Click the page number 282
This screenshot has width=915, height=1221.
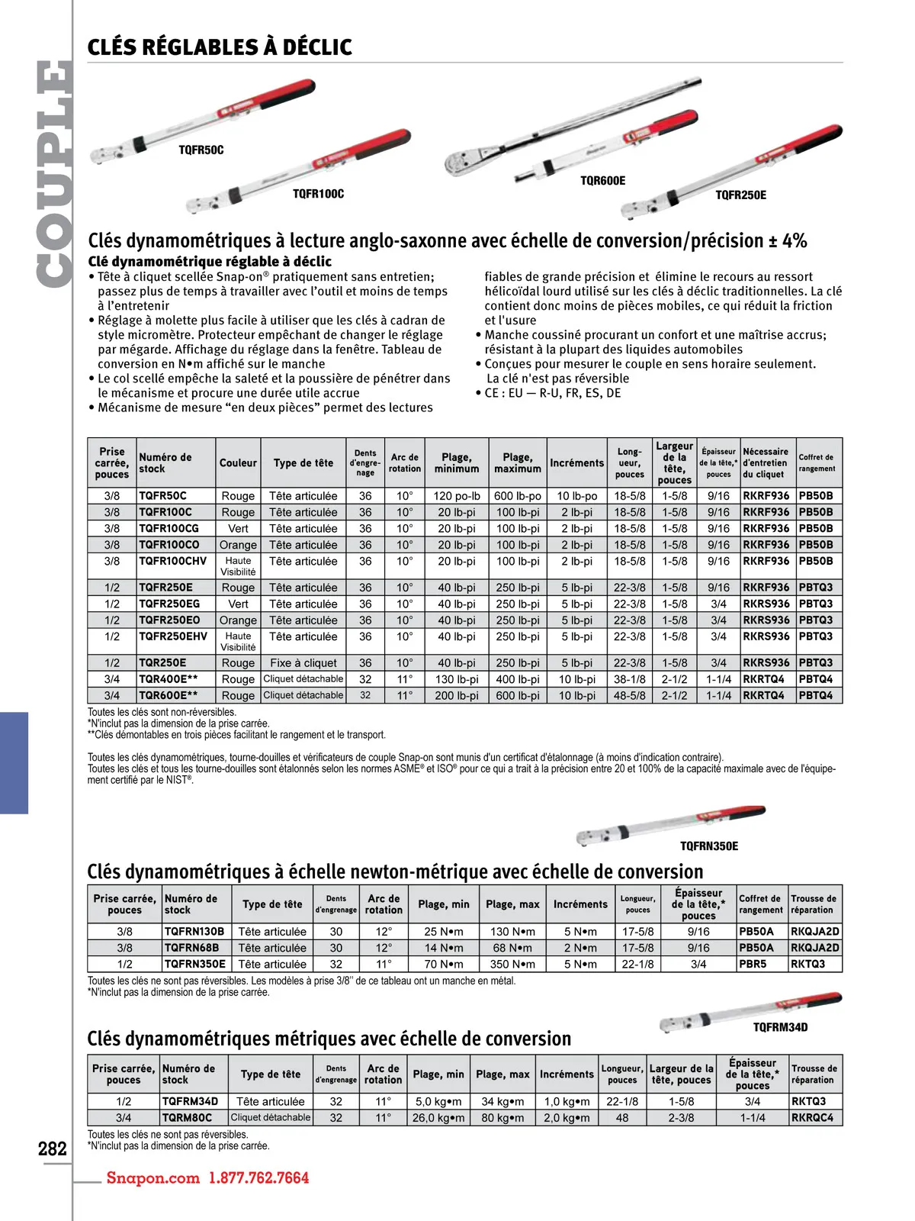[x=53, y=1149]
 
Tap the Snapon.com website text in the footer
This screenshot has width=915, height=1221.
[x=152, y=1178]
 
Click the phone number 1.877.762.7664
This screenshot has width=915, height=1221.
[x=258, y=1178]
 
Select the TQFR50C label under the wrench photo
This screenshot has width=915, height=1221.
[x=201, y=150]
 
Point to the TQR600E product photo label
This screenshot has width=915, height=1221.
[x=602, y=181]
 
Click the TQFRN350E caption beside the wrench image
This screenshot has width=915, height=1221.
[x=708, y=846]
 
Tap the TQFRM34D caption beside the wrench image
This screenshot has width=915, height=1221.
[x=780, y=1027]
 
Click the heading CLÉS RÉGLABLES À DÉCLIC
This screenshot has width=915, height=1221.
[x=220, y=47]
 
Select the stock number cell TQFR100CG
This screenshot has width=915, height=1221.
[x=169, y=528]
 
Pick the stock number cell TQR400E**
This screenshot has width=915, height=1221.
[x=168, y=679]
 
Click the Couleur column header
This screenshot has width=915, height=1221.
[x=238, y=463]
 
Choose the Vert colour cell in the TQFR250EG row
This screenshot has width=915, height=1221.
[x=238, y=604]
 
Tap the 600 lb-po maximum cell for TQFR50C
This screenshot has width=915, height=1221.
[x=517, y=496]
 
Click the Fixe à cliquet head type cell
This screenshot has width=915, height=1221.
[x=303, y=663]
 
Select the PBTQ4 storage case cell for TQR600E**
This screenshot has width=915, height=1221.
[x=816, y=695]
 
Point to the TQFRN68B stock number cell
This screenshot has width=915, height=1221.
[x=191, y=948]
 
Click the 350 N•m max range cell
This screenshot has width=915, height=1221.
[x=512, y=964]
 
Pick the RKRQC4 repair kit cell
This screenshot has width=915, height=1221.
[x=812, y=1117]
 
